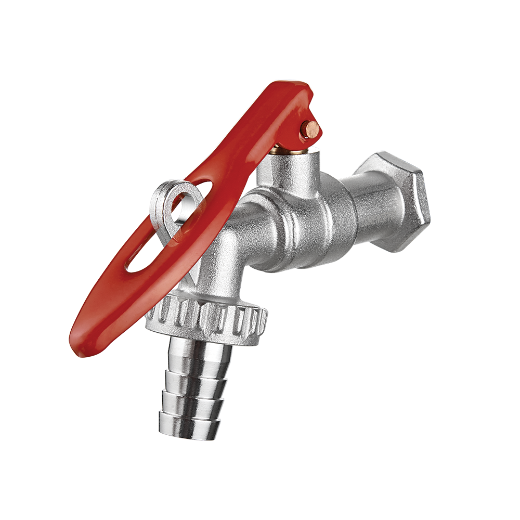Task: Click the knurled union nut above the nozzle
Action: coord(208,317)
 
